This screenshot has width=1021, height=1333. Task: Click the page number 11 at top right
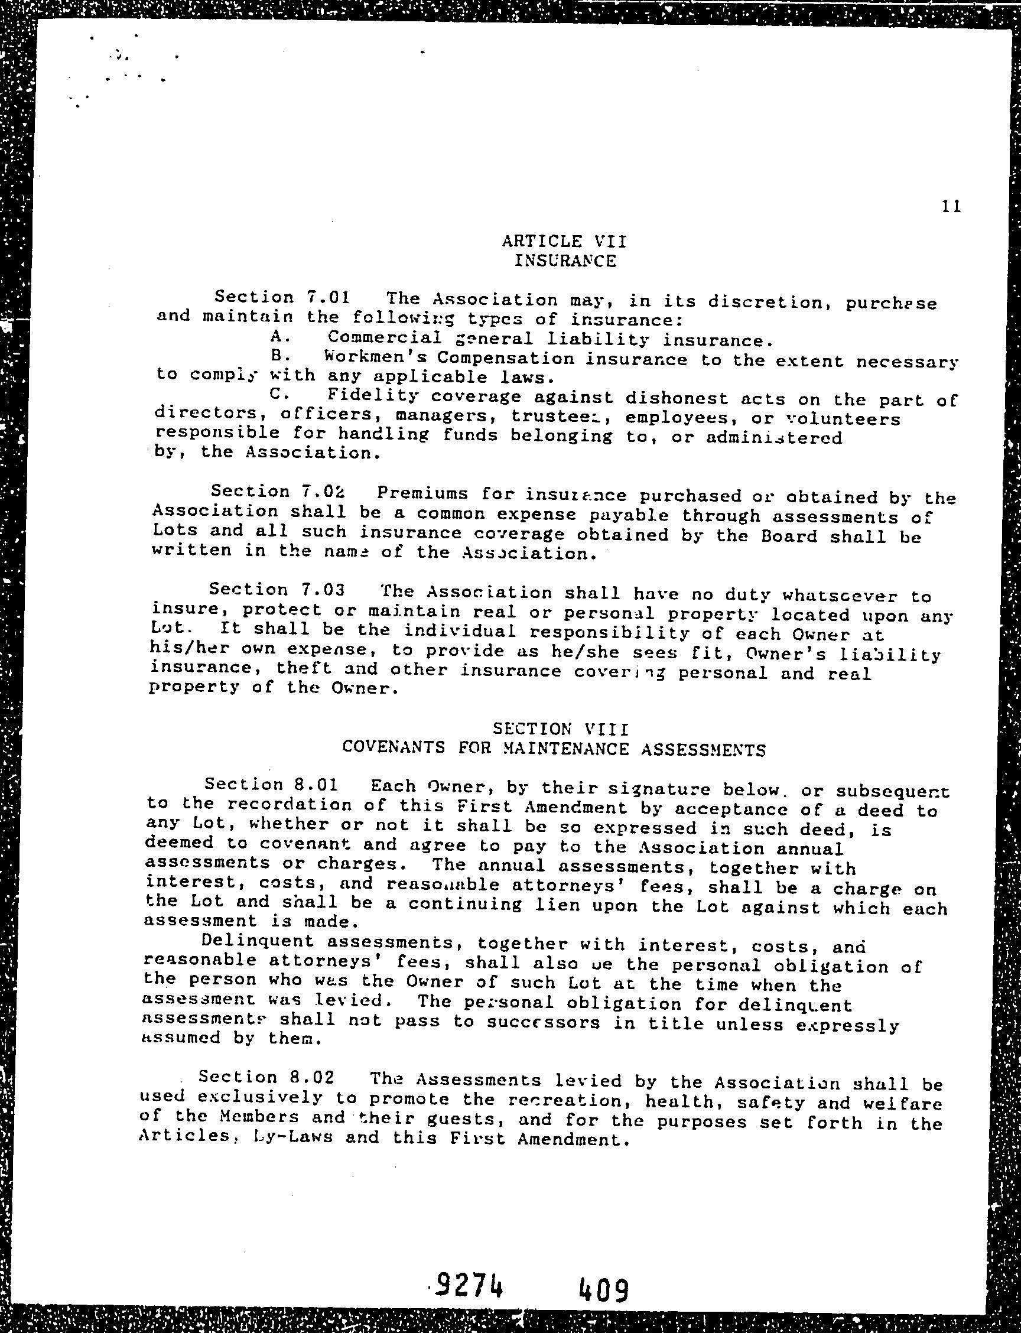click(x=951, y=207)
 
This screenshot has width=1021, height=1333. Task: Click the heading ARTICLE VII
click(x=564, y=241)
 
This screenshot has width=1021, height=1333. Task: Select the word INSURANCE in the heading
click(x=565, y=261)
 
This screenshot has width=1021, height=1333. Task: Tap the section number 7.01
click(x=327, y=297)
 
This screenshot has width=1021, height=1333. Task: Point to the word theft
click(x=304, y=668)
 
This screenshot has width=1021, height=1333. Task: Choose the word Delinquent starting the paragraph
click(x=258, y=940)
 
